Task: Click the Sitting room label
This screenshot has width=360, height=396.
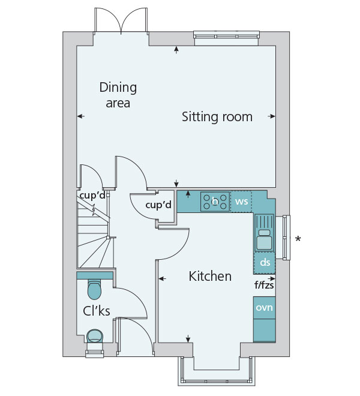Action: (217, 117)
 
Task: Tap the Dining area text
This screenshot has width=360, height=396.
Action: (118, 95)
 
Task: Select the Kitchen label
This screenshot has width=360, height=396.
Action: (210, 276)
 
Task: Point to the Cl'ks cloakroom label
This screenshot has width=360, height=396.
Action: (97, 311)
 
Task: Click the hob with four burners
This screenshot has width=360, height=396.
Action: (215, 202)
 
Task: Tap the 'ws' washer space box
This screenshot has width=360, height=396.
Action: (242, 202)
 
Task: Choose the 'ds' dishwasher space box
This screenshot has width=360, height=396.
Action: (265, 263)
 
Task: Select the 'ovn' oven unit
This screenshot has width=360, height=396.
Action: (264, 308)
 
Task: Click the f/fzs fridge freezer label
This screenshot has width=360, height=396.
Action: (264, 286)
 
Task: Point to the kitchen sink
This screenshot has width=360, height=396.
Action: (264, 233)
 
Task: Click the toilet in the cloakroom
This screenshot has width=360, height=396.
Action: (94, 289)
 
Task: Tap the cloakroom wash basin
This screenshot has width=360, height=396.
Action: (95, 336)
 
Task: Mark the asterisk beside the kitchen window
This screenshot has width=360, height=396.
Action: (298, 239)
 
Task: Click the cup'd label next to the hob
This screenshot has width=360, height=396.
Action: (158, 205)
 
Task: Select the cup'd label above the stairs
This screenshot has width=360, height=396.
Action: (92, 195)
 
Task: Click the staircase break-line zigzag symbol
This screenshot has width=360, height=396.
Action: (94, 209)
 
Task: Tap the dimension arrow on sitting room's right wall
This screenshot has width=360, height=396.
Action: (272, 116)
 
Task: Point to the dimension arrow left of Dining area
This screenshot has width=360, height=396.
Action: (81, 116)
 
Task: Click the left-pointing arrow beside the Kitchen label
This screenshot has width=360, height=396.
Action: (162, 278)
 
